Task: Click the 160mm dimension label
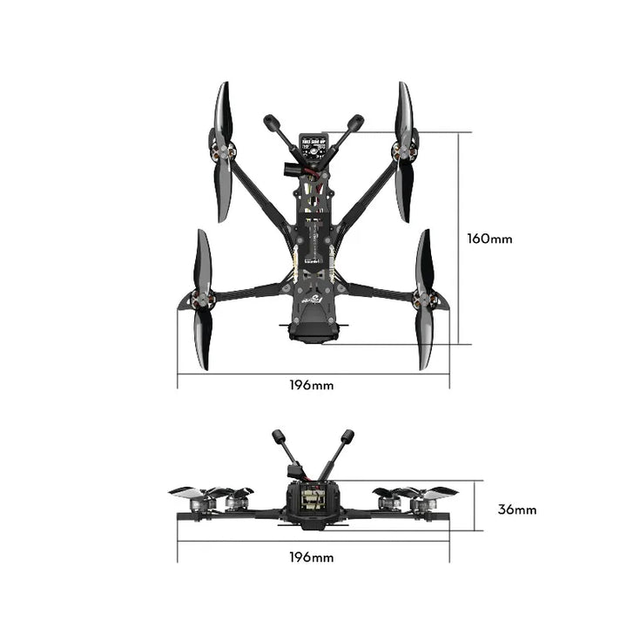click(x=489, y=238)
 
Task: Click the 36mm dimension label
click(x=516, y=509)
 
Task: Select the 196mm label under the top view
click(x=313, y=384)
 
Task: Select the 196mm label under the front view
click(x=313, y=557)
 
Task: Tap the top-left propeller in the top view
click(x=222, y=152)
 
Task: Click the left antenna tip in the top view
click(x=270, y=122)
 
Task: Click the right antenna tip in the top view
click(x=356, y=122)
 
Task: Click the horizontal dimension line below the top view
click(x=313, y=374)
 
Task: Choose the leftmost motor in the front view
click(x=210, y=503)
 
